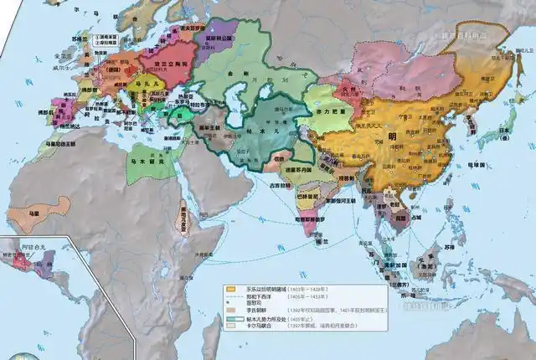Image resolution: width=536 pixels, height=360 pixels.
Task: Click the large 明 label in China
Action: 390,136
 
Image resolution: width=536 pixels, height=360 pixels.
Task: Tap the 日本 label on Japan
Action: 502,131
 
